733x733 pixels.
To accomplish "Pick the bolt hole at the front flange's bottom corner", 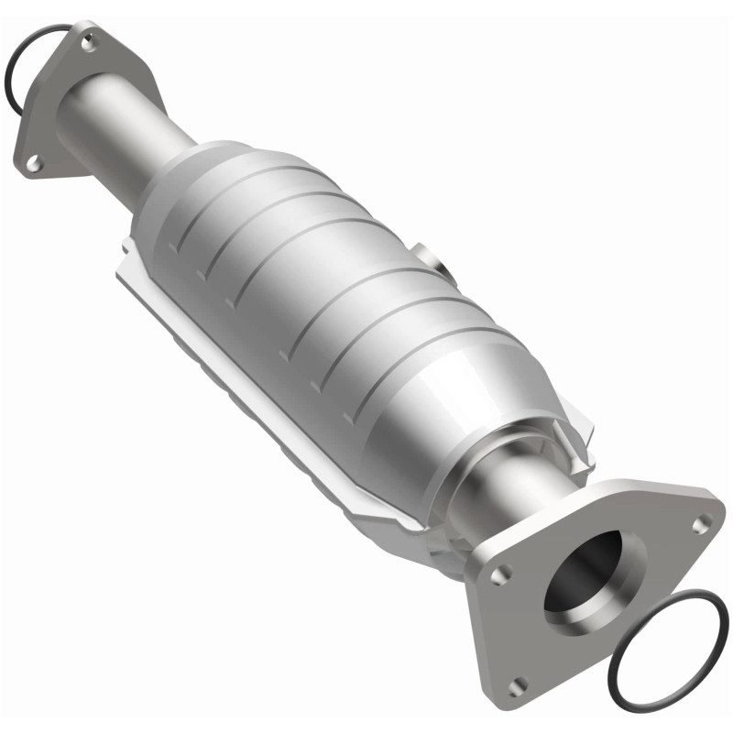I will tap(518, 682).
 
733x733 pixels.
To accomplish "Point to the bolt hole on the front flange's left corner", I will tap(499, 576).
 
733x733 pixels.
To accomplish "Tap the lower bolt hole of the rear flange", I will tap(33, 162).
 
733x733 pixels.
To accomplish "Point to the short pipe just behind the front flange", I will tap(499, 499).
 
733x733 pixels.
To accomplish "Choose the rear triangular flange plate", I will tap(55, 101).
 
